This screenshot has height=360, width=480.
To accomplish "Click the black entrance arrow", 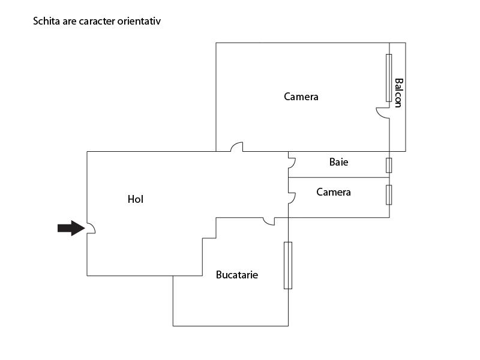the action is pos(71,228).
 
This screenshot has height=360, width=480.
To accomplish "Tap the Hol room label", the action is pos(136,199).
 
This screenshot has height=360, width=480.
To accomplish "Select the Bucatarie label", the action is pos(237,275).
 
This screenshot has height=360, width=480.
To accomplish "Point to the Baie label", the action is pos(338,162).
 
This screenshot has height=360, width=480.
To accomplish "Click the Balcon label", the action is pos(398,93).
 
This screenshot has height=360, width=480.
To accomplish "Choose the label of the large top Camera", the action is pos(301,97).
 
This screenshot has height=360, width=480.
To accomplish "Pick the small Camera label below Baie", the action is pos(334,192).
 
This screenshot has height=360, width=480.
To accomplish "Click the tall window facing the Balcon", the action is pos(389,78).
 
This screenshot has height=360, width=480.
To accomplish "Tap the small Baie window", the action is pos(389,166).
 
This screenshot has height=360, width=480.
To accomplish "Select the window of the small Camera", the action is pos(389,194).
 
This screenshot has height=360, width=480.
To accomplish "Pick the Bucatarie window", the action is pos(288,265).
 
